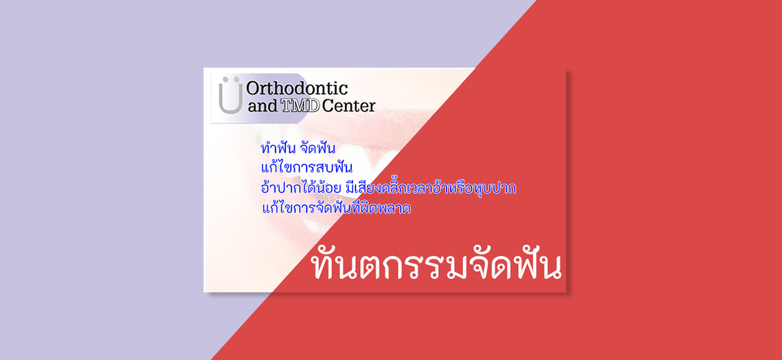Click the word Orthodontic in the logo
pos(297,89)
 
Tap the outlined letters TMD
pos(300,106)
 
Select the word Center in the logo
pos(349,106)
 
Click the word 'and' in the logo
pos(263,106)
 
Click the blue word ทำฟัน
pos(278,148)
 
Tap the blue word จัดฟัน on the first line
pos(318,148)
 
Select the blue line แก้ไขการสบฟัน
pos(307,167)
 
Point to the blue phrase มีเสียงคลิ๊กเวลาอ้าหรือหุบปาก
pos(431,187)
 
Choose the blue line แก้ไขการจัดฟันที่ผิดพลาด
pos(336,207)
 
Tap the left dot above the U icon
pos(226,79)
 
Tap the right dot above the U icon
pos(236,79)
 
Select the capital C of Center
pos(328,106)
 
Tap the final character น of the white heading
pos(549,267)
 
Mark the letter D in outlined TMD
pos(313,106)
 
